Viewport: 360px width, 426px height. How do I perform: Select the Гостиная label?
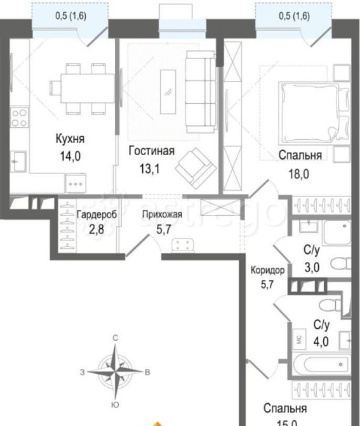(150, 151)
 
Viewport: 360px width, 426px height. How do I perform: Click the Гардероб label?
(97, 215)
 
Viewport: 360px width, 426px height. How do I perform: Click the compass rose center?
(115, 371)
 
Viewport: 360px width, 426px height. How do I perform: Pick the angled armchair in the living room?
(192, 165)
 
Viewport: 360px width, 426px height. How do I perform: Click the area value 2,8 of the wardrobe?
(97, 230)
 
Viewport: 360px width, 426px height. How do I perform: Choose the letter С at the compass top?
(115, 339)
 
